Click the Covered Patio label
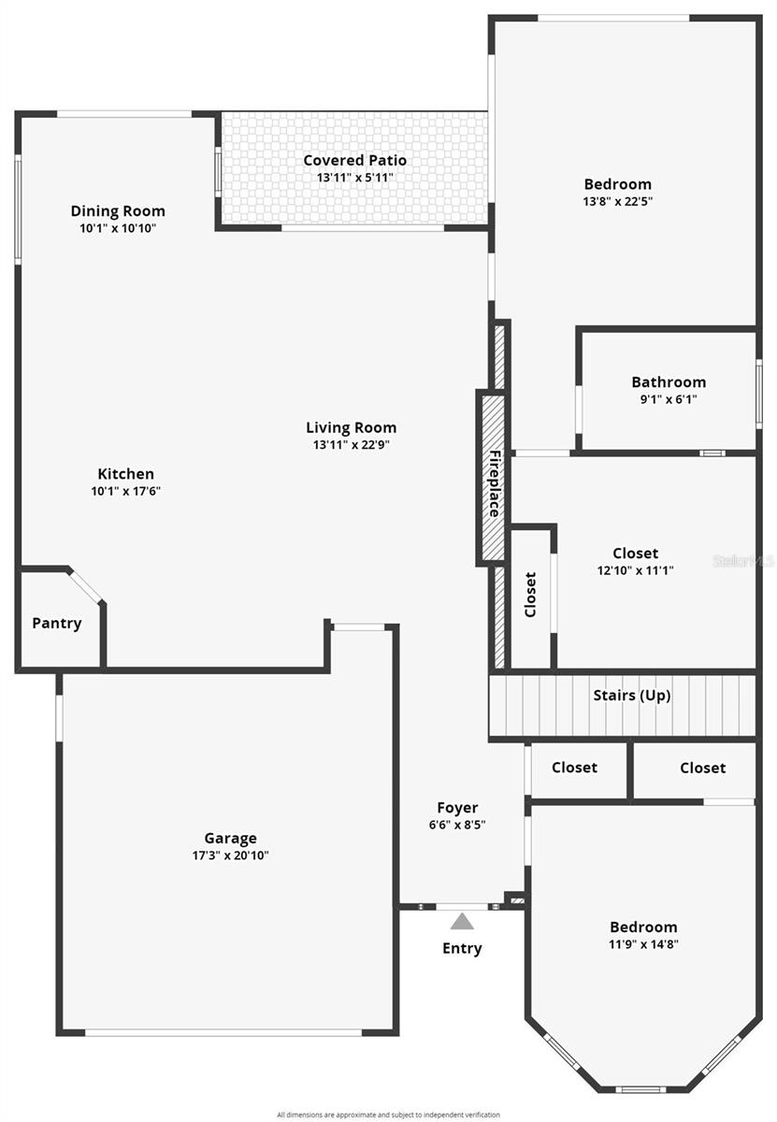354,160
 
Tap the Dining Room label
118,210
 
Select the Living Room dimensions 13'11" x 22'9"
351,445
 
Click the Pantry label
57,623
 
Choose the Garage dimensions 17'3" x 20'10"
230,855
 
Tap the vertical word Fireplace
493,483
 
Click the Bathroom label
669,381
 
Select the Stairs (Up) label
632,696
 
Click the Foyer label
457,808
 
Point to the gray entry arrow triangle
461,922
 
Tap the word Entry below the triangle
462,948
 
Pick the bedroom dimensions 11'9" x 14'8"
643,943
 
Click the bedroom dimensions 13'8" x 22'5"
617,200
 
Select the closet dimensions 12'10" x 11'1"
635,569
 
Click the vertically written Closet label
530,595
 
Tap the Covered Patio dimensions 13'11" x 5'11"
354,177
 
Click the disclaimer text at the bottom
388,1115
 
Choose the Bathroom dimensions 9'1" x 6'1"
669,398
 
